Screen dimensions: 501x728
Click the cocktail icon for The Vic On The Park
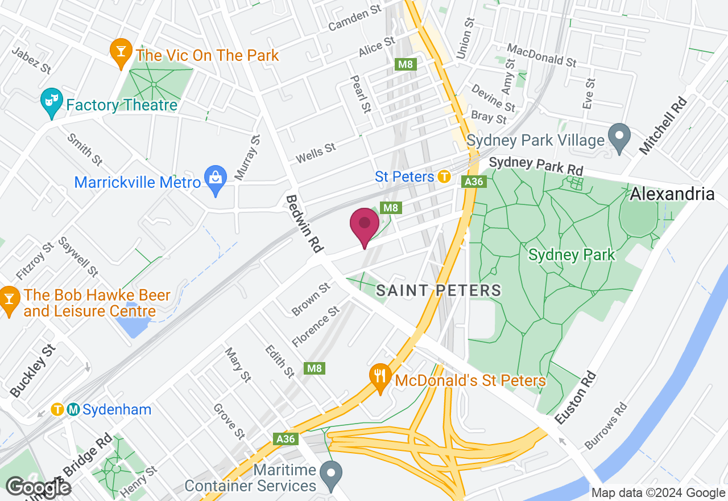(121, 52)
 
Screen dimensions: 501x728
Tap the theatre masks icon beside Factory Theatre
(52, 102)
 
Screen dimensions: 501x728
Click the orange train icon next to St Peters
(444, 176)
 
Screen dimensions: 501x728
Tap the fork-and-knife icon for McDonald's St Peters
(380, 377)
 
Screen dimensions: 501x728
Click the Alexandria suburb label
(672, 194)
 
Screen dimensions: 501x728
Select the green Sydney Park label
(572, 254)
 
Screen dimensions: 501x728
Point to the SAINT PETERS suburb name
(439, 290)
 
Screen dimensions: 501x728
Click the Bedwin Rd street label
(304, 224)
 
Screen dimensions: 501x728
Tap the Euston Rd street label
(576, 397)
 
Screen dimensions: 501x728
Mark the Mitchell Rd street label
(663, 126)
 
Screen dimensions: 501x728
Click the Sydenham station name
(117, 409)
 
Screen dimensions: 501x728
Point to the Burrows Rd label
(606, 426)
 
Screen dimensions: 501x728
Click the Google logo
(39, 487)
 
